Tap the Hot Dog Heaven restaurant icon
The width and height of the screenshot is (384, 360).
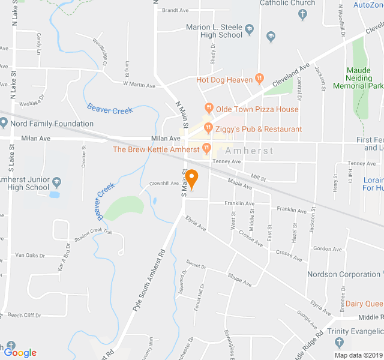[x=259, y=79]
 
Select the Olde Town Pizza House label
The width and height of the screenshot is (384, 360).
[x=257, y=109]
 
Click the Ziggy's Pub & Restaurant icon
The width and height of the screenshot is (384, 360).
[x=208, y=128]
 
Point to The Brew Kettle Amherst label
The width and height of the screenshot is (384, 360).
[x=155, y=149]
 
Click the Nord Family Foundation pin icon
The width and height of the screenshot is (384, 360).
[x=4, y=124]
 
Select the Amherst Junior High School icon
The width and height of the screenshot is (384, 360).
[x=56, y=181]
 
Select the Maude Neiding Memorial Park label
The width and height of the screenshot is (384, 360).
[x=358, y=78]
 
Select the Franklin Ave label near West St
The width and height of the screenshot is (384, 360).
[x=239, y=203]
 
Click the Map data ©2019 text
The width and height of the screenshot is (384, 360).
[x=357, y=355]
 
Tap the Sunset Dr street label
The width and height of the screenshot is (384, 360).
[x=196, y=265]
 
